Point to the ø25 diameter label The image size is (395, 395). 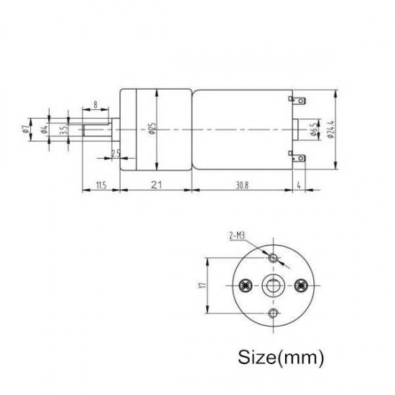point(152,130)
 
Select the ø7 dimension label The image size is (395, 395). point(25,130)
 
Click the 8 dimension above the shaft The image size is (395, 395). point(96,105)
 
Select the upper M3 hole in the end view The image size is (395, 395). point(273,257)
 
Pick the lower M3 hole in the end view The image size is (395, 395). point(273,312)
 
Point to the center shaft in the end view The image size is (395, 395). point(273,285)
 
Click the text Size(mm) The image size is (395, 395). point(276,355)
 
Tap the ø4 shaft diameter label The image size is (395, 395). point(45,130)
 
